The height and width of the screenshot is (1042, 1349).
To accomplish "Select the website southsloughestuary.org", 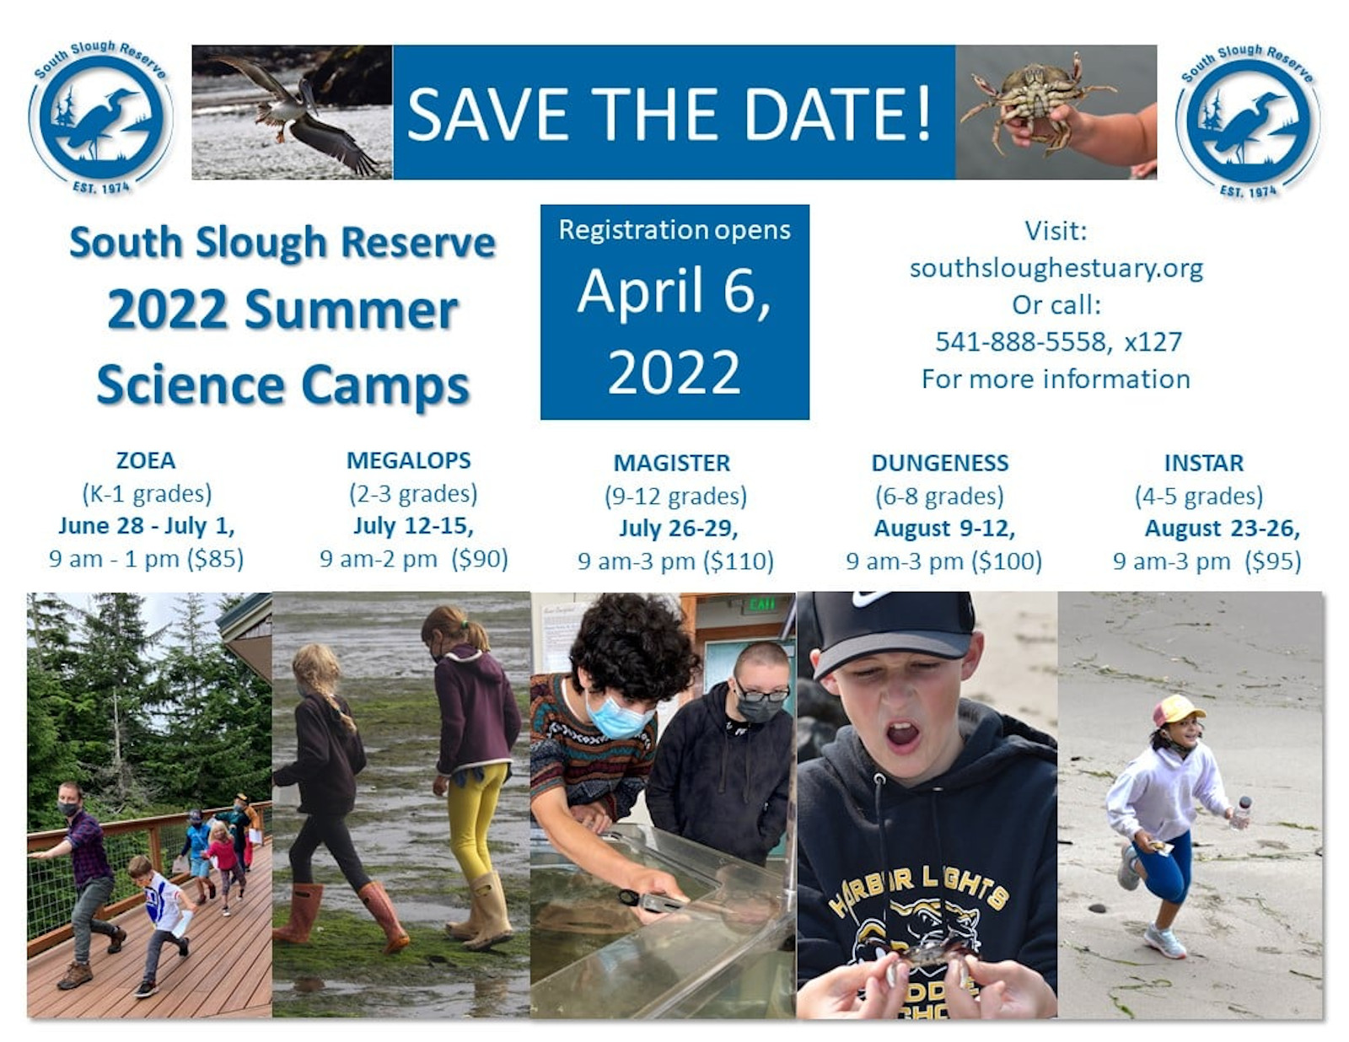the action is (x=1056, y=268).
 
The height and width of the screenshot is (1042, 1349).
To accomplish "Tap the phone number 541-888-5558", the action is (x=1023, y=342).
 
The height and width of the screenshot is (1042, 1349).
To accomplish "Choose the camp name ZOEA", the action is (x=146, y=460).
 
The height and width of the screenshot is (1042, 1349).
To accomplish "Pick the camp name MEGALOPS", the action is (x=408, y=460).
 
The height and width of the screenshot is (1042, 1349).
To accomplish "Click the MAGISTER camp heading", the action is (x=672, y=463).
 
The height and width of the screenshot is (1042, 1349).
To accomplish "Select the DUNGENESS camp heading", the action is (x=940, y=463).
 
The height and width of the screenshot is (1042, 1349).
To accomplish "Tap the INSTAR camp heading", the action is (x=1204, y=463).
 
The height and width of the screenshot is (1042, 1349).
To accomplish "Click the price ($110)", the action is (x=738, y=561).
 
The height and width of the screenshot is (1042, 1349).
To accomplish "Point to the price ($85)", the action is (x=215, y=559).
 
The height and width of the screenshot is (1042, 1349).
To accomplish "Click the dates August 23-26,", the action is (x=1223, y=528).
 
